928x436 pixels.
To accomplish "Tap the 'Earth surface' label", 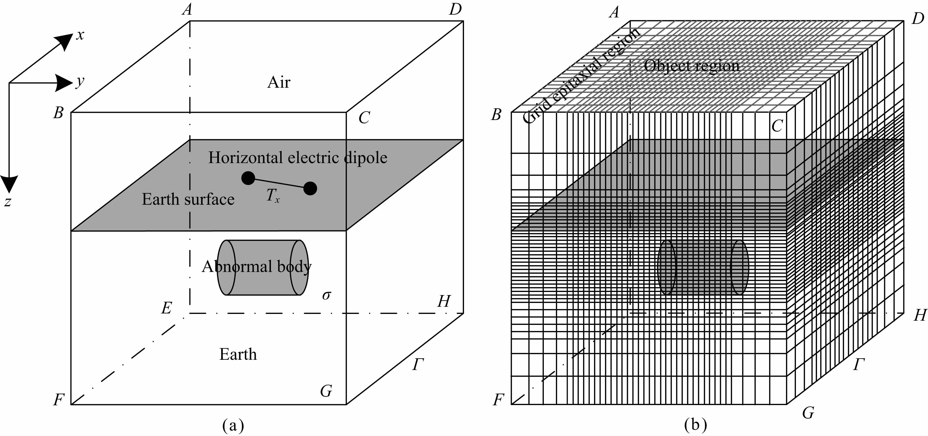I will click(188, 199).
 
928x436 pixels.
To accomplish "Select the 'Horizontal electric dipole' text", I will click(298, 158).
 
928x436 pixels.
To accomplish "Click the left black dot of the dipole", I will click(248, 178).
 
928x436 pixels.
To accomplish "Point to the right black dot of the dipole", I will click(310, 188).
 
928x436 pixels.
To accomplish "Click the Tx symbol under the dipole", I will click(273, 196).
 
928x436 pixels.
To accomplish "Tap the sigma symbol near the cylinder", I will click(326, 295).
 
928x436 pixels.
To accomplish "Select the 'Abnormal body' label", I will click(257, 266).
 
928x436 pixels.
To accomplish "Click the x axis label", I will click(80, 35).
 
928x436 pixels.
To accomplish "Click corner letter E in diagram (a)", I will click(166, 308).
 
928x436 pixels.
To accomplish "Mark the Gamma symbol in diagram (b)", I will click(859, 365).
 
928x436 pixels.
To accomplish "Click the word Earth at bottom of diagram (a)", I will click(238, 354).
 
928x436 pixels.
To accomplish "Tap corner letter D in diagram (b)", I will click(918, 18).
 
